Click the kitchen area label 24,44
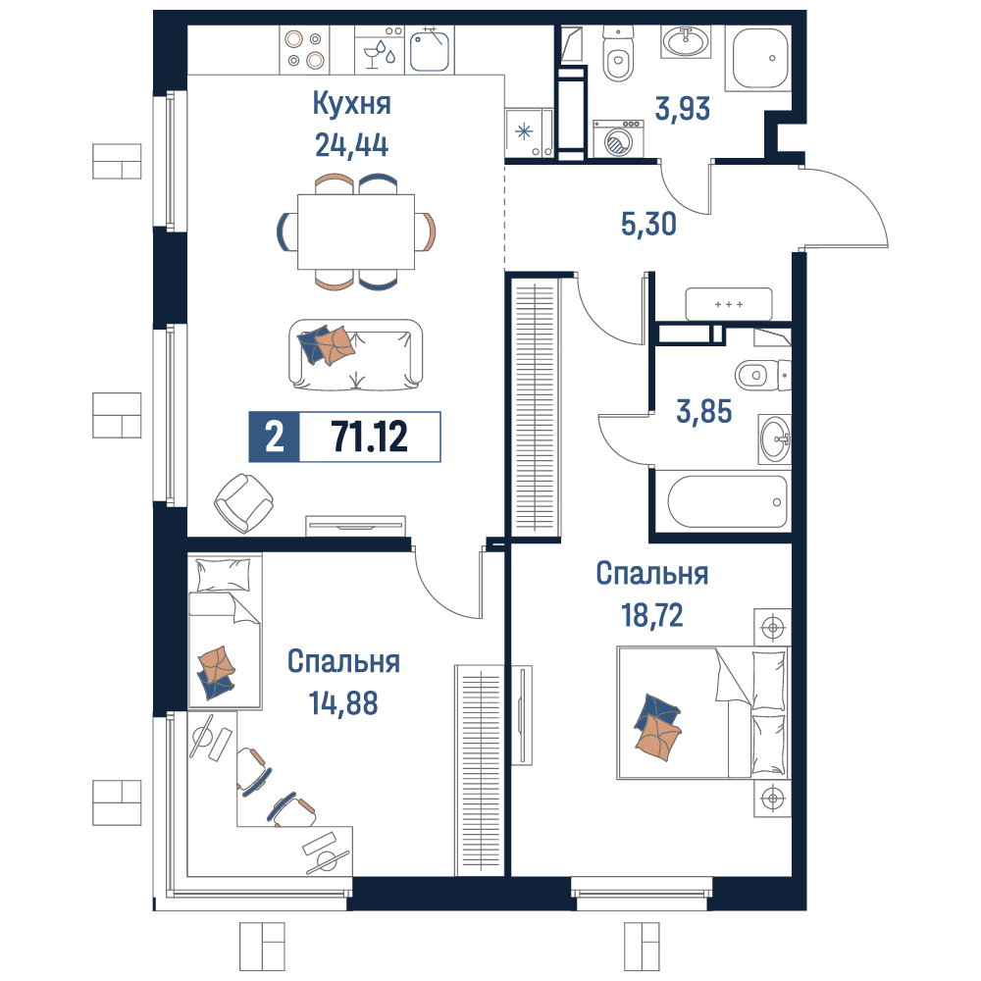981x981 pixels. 351,145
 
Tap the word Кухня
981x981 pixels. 351,103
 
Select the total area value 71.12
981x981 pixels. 370,437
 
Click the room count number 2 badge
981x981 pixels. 274,437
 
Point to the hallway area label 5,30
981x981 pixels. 648,224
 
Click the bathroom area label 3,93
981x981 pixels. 683,108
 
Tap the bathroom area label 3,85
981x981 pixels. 703,412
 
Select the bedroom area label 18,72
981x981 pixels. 652,616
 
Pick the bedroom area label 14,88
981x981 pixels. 343,703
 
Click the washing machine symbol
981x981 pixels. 618,138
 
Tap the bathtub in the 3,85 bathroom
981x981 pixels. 727,501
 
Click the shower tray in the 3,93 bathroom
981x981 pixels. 759,58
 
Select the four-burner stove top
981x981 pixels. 304,49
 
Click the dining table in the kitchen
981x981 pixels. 356,232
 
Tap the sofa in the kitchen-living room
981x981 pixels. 355,354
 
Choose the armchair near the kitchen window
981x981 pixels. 243,502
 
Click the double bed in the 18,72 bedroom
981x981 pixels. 703,712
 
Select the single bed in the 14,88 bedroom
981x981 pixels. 225,631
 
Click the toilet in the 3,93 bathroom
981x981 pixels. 618,55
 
